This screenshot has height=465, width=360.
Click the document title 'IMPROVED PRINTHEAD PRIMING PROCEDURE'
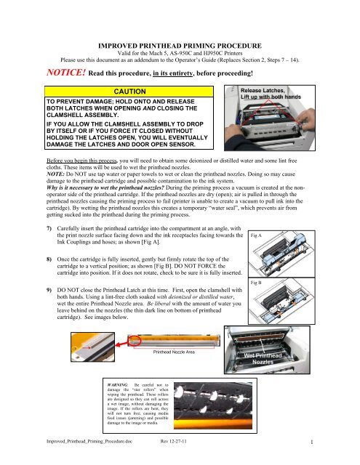point(180,25)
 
